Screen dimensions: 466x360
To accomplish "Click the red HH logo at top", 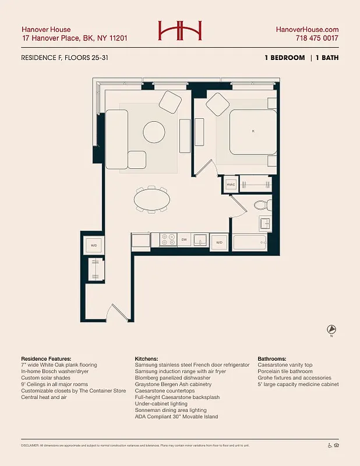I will (x=179, y=31).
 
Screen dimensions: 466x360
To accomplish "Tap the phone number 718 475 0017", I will (x=317, y=38).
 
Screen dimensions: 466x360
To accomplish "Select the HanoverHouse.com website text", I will (x=307, y=29).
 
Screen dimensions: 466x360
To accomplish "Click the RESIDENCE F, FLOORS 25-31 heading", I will (x=63, y=58).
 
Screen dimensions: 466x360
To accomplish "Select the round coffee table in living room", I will (x=155, y=131).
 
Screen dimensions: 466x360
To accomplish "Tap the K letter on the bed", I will (x=253, y=132).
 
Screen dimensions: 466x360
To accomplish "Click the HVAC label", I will (x=230, y=184).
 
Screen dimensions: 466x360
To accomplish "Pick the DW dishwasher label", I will (x=183, y=239).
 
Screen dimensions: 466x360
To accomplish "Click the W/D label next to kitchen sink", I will (x=219, y=242).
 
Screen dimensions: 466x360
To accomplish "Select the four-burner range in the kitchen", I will (x=168, y=239).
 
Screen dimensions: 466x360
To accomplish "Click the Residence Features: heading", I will (x=46, y=358).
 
